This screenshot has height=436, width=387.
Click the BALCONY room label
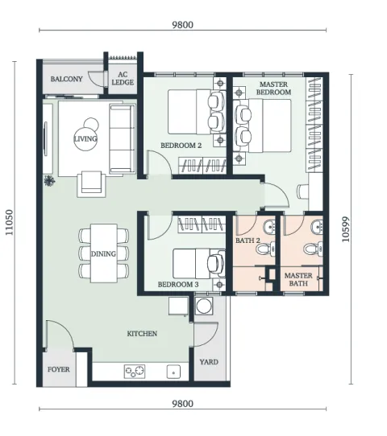(67, 79)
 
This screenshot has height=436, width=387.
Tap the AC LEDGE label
(123, 78)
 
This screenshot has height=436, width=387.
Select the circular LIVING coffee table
(85, 138)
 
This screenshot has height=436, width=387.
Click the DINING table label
(103, 254)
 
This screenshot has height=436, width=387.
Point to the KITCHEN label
(142, 334)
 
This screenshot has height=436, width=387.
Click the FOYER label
(59, 369)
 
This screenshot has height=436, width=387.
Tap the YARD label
(209, 362)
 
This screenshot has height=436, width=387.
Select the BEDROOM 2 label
(181, 146)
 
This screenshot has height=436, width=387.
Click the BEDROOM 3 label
(178, 285)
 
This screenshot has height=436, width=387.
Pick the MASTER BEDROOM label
(273, 88)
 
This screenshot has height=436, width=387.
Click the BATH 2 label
(248, 241)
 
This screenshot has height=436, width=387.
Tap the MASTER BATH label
(298, 279)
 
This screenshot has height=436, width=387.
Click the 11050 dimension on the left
(9, 222)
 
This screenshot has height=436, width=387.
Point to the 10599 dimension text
(346, 229)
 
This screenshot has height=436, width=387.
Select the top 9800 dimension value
(182, 25)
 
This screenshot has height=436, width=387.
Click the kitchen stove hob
(135, 371)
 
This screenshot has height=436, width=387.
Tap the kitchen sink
(173, 372)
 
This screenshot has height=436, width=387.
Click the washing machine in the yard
(204, 306)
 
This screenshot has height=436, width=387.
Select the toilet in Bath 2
(265, 249)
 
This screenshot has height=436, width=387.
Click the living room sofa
(122, 138)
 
